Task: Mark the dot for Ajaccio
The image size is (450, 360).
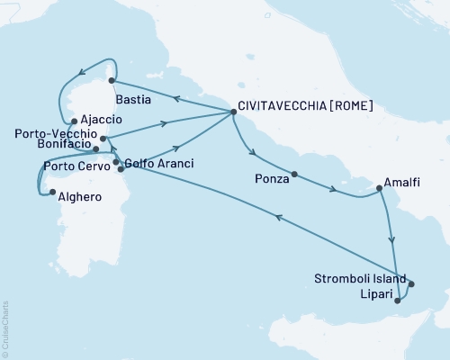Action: coord(73,121)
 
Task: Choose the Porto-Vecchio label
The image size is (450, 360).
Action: coord(55,132)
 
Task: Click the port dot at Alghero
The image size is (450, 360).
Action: coord(53,193)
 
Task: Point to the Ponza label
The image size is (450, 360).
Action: coord(271,180)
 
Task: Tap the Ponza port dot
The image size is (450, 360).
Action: coord(294,173)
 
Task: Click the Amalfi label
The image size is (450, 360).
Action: coord(400,183)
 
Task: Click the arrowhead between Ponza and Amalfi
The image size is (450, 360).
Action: coord(335,190)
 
